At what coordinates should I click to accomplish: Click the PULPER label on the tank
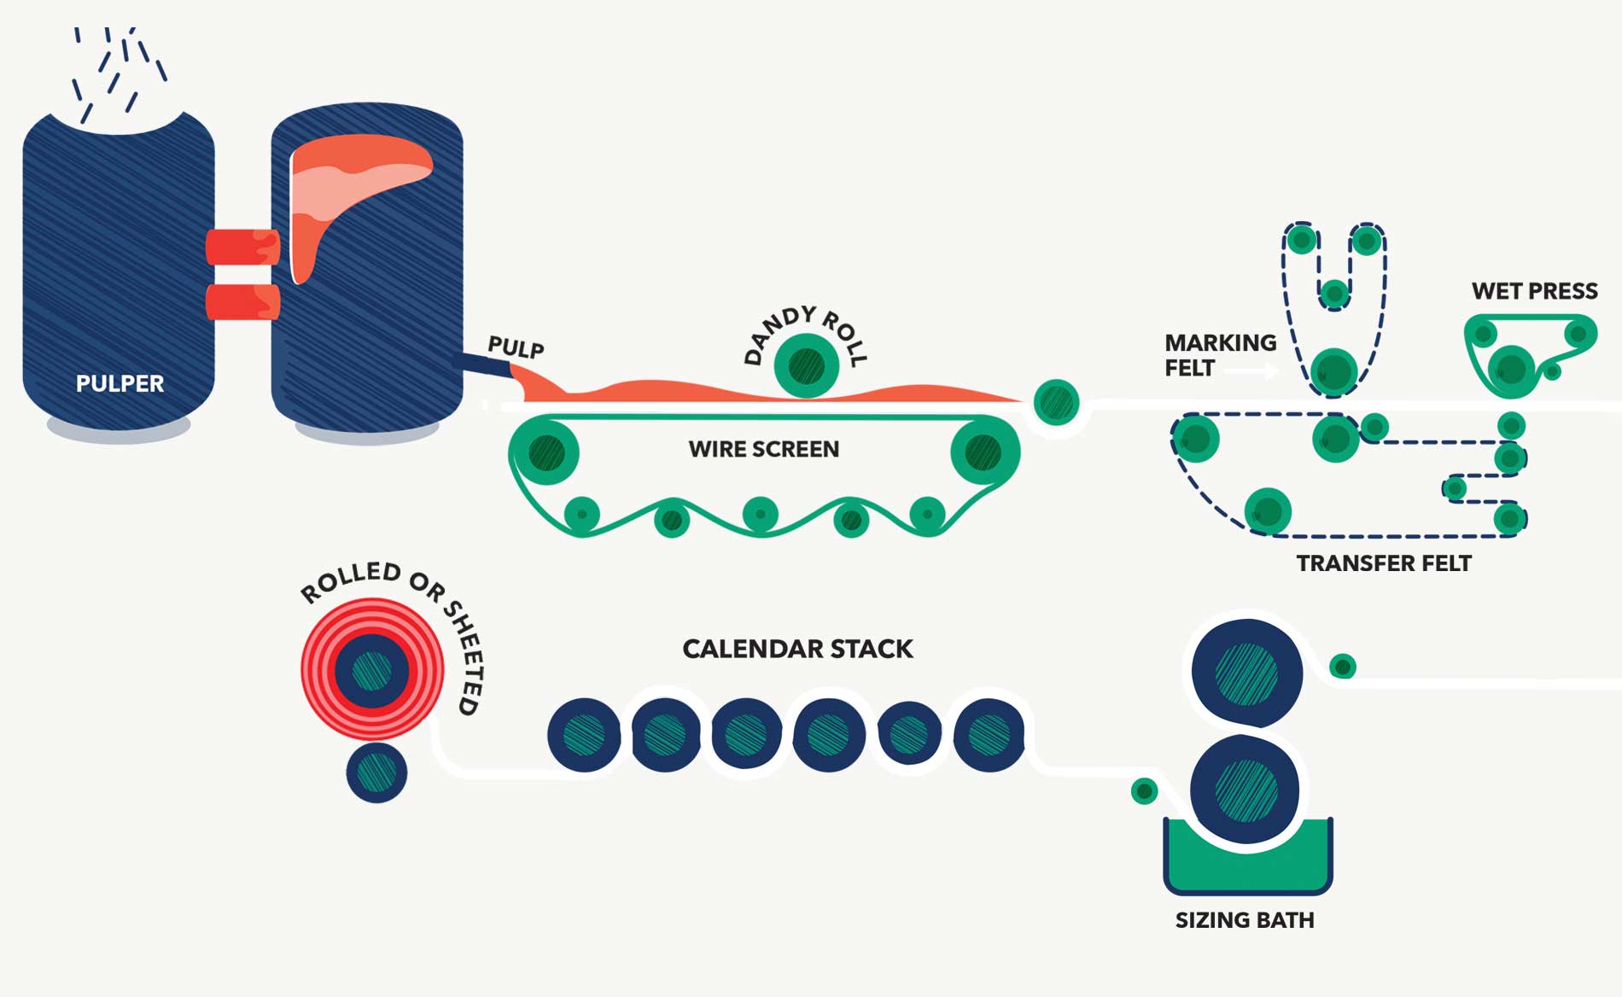pyautogui.click(x=120, y=383)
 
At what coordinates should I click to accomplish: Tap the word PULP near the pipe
pyautogui.click(x=515, y=347)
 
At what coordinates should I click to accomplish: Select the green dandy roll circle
pyautogui.click(x=806, y=365)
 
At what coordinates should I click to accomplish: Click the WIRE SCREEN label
pyautogui.click(x=763, y=449)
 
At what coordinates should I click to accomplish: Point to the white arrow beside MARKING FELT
pyautogui.click(x=1250, y=370)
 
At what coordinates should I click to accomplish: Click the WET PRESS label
pyautogui.click(x=1534, y=291)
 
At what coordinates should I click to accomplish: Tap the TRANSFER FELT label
pyautogui.click(x=1383, y=563)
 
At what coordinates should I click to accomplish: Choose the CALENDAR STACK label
pyautogui.click(x=797, y=649)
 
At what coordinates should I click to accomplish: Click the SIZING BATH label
pyautogui.click(x=1244, y=920)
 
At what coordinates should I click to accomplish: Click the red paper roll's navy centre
pyautogui.click(x=372, y=670)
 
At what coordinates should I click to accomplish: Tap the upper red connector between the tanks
pyautogui.click(x=242, y=247)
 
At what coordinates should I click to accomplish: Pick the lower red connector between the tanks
pyautogui.click(x=242, y=302)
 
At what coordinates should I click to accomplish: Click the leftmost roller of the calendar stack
pyautogui.click(x=585, y=735)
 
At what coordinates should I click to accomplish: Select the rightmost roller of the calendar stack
pyautogui.click(x=989, y=734)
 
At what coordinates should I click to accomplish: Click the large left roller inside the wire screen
pyautogui.click(x=546, y=452)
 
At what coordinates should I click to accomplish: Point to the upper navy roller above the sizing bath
pyautogui.click(x=1246, y=673)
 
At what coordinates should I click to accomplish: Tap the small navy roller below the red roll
pyautogui.click(x=376, y=773)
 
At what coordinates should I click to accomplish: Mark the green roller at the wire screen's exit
pyautogui.click(x=1056, y=402)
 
